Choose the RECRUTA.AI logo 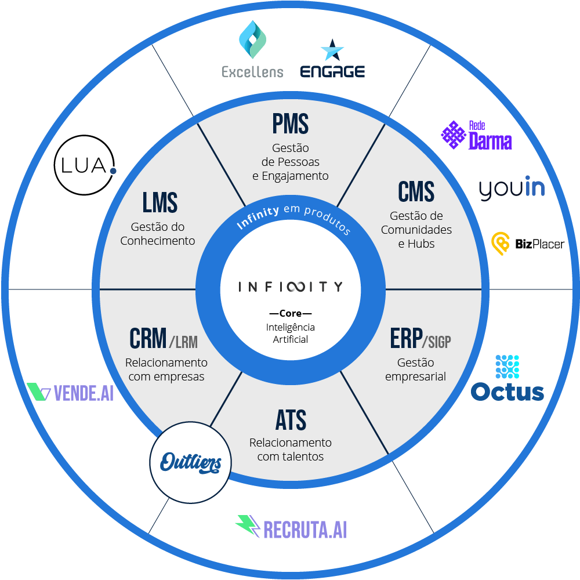(x=291, y=527)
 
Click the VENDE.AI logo (x=70, y=393)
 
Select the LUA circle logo (x=85, y=164)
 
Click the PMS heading (x=290, y=124)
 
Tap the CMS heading (x=416, y=192)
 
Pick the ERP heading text (x=406, y=340)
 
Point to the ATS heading (x=291, y=420)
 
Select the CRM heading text (x=148, y=339)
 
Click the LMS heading (x=159, y=202)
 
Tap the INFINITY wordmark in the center (x=290, y=287)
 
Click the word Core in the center (x=290, y=314)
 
